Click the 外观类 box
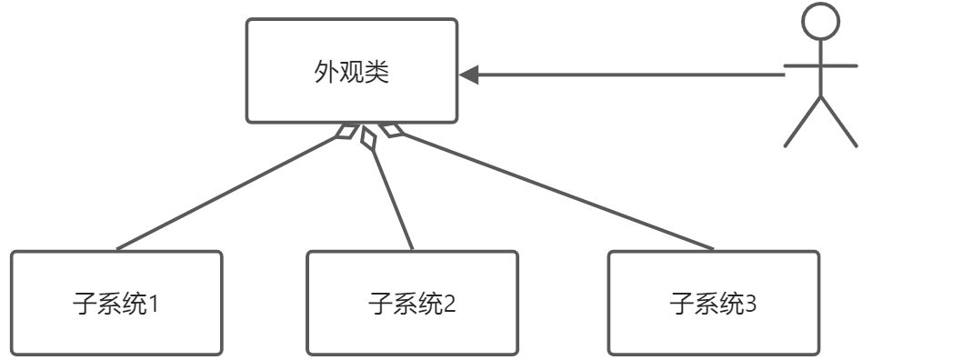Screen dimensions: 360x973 coord(351,70)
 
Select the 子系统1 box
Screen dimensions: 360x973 coord(116,302)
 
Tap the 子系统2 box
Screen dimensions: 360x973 coord(412,302)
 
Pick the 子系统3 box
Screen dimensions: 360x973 coord(713,302)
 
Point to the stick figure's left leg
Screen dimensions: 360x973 coord(802,122)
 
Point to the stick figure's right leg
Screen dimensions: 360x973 coord(838,122)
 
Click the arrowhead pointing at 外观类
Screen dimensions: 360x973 coord(469,75)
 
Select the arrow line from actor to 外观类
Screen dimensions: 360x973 coord(627,75)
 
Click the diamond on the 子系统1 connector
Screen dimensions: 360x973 coord(346,133)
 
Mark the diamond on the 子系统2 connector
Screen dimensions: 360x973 coord(367,137)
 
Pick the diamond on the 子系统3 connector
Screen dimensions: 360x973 coord(390,132)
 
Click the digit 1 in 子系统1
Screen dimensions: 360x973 coord(153,303)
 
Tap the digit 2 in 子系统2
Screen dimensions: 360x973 coord(449,303)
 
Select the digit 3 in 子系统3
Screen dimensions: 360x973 coord(750,303)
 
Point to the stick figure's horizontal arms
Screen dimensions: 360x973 coord(820,65)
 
